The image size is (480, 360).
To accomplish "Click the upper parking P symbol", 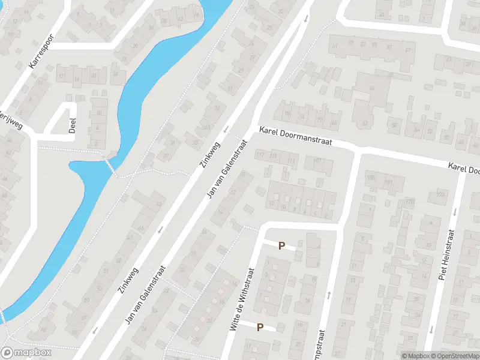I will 281,245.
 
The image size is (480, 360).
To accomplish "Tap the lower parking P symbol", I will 260,327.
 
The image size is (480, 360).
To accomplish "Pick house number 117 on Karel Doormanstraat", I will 260,155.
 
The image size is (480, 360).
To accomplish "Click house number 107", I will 317,160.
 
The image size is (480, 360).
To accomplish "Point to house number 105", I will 370,178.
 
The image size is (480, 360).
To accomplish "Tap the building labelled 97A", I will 442,194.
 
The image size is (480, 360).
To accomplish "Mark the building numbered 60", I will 371,89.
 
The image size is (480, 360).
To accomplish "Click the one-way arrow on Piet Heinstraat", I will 455,211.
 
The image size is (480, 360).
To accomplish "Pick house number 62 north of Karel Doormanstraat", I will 365,124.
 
